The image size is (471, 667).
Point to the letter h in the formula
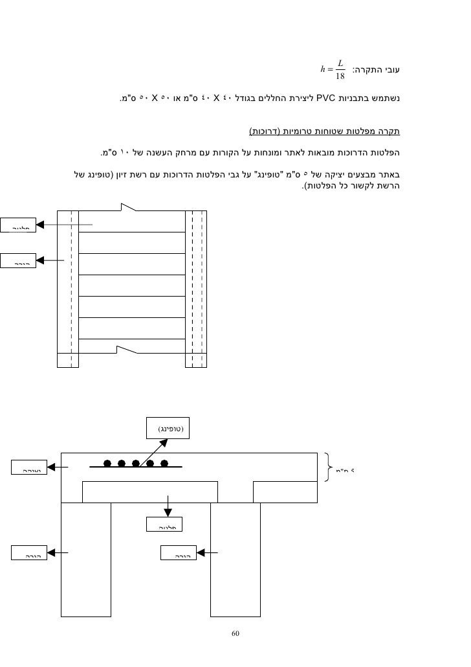pyautogui.click(x=323, y=70)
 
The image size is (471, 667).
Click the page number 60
pyautogui.click(x=235, y=633)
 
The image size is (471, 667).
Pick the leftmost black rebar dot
pyautogui.click(x=106, y=464)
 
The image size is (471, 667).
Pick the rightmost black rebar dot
pyautogui.click(x=164, y=464)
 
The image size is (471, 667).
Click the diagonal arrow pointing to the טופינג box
pyautogui.click(x=155, y=452)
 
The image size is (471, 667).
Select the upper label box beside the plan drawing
pyautogui.click(x=16, y=225)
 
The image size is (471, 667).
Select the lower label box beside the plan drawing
pyautogui.click(x=16, y=261)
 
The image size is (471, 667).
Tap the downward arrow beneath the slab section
pyautogui.click(x=168, y=506)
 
